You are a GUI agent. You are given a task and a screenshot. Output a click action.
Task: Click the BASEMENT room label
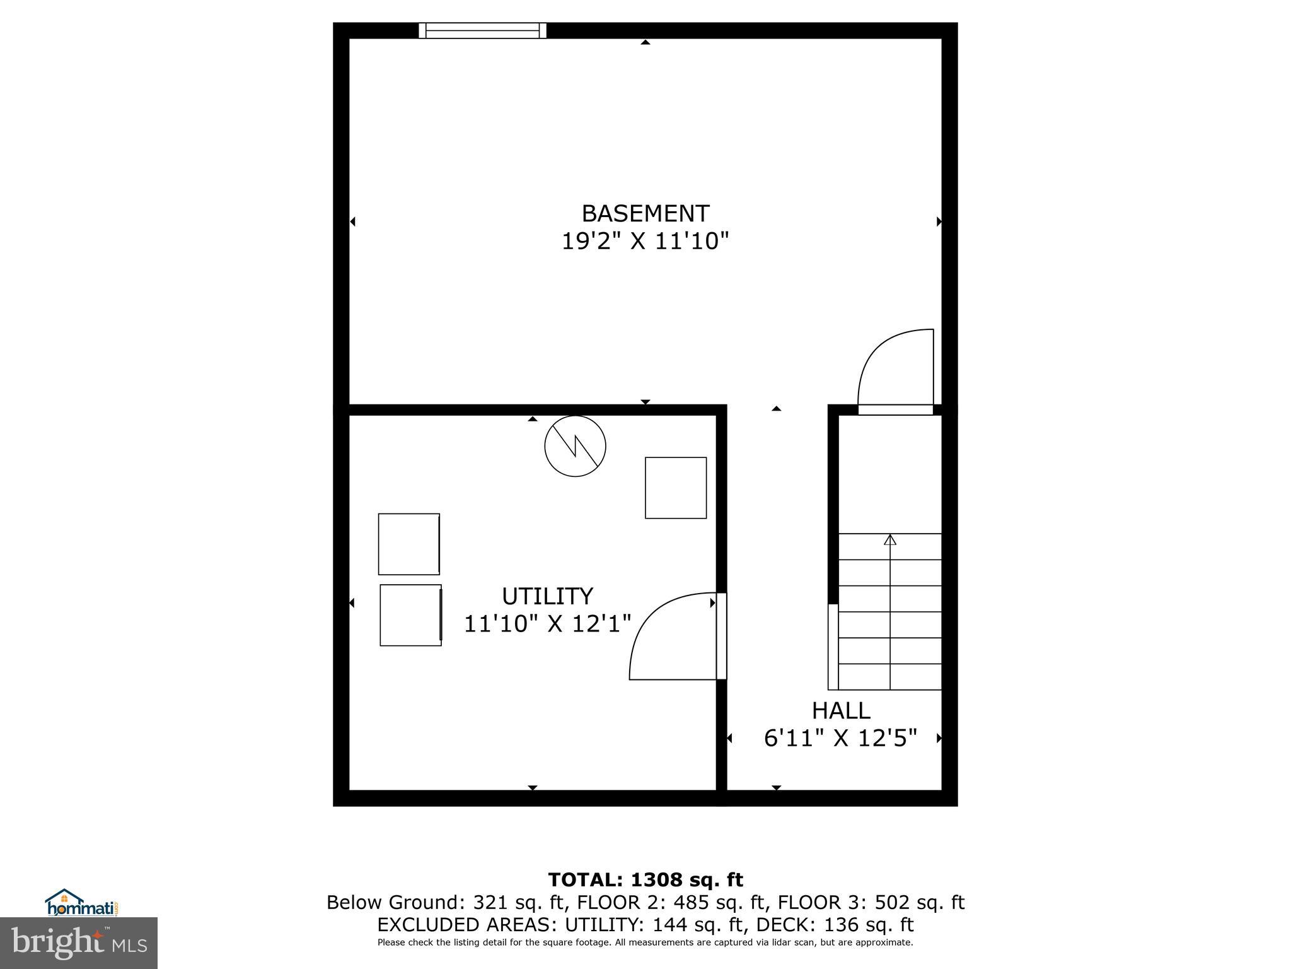pos(645,214)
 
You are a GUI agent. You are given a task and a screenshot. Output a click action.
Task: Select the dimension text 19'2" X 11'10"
pos(645,242)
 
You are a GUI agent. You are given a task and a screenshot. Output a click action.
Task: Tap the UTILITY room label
pos(547,596)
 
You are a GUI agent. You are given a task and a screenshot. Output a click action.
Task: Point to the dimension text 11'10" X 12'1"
pos(547,624)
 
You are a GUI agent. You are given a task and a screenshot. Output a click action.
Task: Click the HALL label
pos(840,711)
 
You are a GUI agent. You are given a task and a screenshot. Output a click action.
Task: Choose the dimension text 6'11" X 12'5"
pos(840,738)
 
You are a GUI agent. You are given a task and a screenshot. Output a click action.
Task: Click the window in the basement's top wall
pos(482,30)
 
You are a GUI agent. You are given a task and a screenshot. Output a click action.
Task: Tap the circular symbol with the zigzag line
pos(575,446)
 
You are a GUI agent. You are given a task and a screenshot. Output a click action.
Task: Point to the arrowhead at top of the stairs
pos(890,540)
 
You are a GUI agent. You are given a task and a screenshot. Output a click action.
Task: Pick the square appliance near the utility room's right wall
pos(676,488)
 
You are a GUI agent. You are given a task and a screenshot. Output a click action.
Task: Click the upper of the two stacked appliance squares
pos(409,544)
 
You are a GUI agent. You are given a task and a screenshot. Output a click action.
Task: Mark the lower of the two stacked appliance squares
pos(410,615)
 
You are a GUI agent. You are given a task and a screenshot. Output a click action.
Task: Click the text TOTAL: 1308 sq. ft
pos(645,879)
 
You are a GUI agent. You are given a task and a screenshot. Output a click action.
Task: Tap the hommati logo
pos(81,903)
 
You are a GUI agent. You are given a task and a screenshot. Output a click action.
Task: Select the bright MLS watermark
pos(79,943)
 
